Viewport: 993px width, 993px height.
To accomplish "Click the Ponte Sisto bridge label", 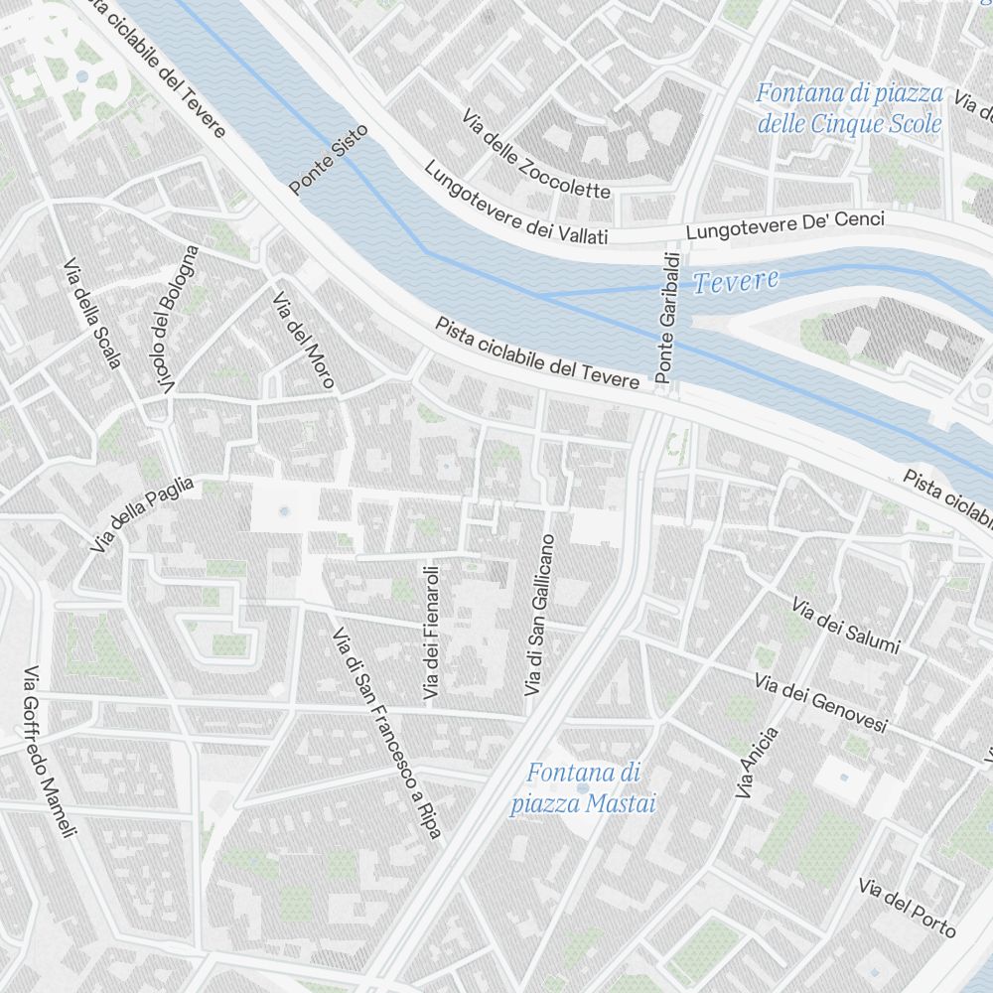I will (329, 159).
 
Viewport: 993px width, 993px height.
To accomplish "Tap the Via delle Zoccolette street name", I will (535, 154).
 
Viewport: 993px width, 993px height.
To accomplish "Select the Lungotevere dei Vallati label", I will (515, 204).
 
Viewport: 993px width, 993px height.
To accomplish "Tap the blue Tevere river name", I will (736, 282).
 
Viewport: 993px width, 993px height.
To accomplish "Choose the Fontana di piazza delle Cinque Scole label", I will (849, 108).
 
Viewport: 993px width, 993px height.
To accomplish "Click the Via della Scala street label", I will (91, 314).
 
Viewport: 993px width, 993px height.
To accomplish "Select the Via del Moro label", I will (304, 341).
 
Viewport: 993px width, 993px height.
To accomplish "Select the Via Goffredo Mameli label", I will (50, 751).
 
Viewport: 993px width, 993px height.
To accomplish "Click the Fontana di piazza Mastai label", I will (584, 787).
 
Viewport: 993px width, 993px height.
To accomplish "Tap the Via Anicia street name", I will (758, 763).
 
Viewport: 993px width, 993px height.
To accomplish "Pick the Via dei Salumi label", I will (845, 626).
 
